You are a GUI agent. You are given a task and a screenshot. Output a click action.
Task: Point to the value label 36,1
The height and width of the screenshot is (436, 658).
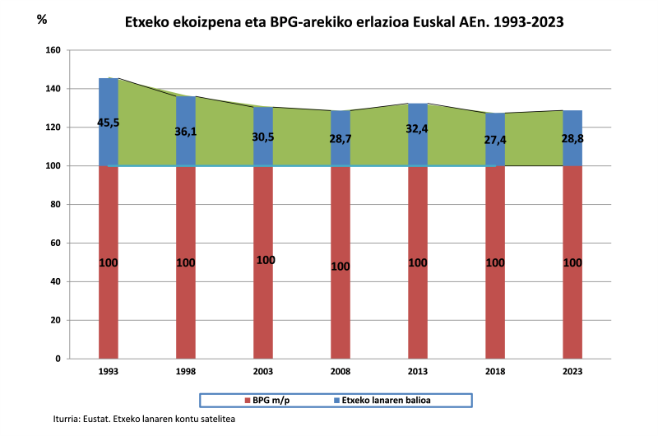186,131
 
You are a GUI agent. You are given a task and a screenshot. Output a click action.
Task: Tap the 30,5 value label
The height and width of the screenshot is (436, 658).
263,137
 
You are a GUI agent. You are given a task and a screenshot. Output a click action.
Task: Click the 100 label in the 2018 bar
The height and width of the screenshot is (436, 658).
495,263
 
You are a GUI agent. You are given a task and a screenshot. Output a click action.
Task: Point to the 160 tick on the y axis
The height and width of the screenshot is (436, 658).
53,50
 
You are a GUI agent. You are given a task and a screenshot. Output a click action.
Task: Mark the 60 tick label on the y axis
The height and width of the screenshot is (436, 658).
57,243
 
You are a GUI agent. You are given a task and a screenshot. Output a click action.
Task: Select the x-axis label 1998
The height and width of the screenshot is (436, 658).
186,372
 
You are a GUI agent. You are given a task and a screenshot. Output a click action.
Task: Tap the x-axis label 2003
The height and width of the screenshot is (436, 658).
263,372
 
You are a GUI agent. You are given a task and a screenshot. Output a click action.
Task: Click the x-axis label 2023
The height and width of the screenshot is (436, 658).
572,372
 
